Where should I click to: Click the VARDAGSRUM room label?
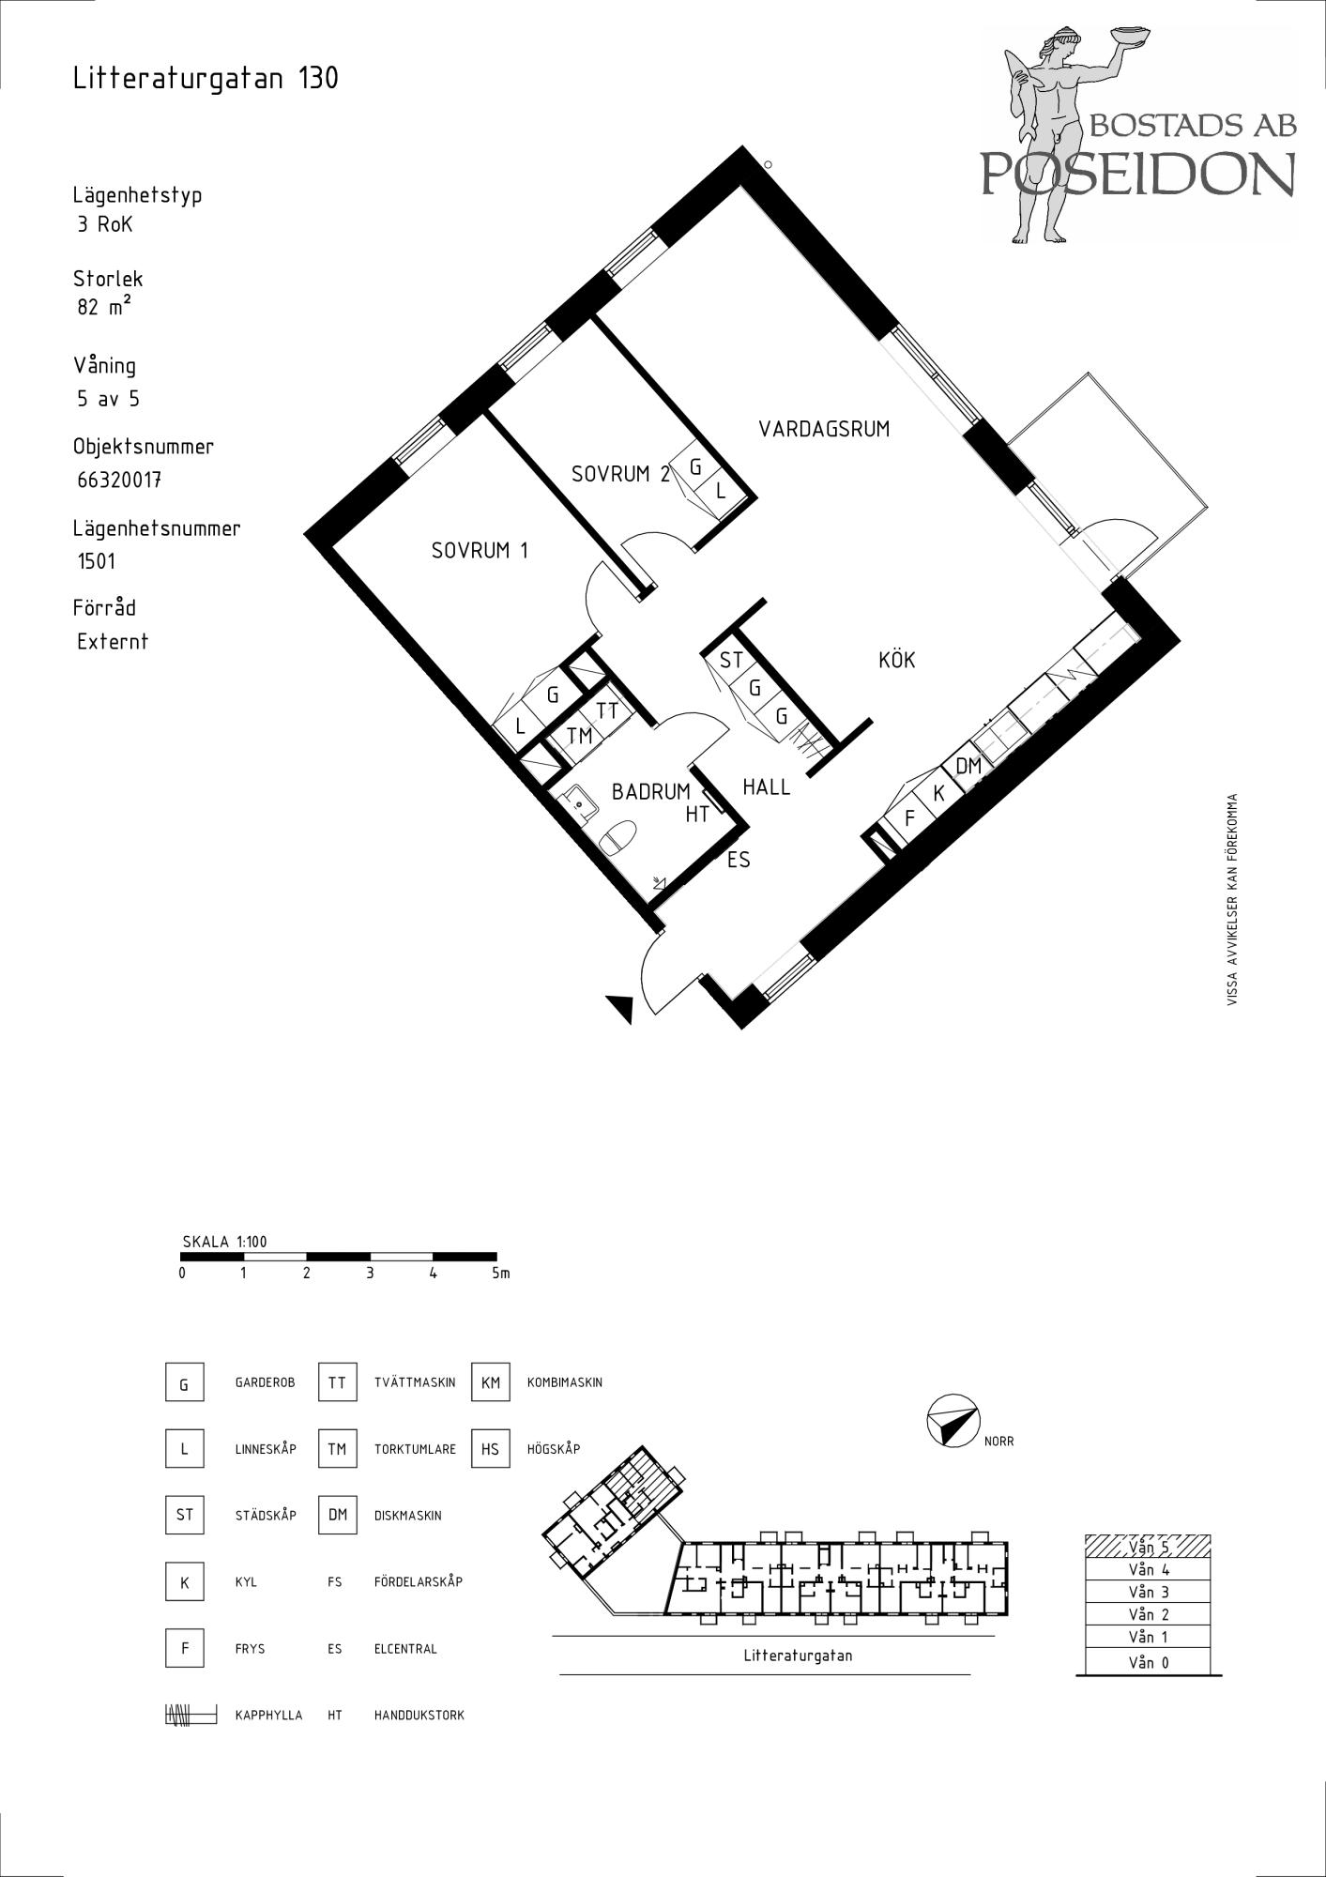coord(824,429)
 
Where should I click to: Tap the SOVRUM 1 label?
coord(480,550)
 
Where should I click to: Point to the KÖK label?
coord(896,660)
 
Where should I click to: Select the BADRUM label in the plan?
coord(650,792)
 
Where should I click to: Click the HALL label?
coord(767,786)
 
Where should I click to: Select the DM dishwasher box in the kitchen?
coord(968,766)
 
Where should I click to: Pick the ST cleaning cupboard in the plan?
coord(730,661)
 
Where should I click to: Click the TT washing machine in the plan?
coord(607,710)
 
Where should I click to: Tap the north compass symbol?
coord(952,1421)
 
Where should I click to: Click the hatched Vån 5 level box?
coord(1147,1547)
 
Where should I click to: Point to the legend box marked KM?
coord(491,1382)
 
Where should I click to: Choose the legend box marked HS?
coord(491,1449)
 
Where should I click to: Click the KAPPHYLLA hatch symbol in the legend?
coord(191,1715)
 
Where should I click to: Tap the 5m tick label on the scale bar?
coord(501,1274)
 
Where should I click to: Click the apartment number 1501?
coord(97,561)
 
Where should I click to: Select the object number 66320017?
coord(119,480)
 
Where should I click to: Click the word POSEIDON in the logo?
coord(1138,173)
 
